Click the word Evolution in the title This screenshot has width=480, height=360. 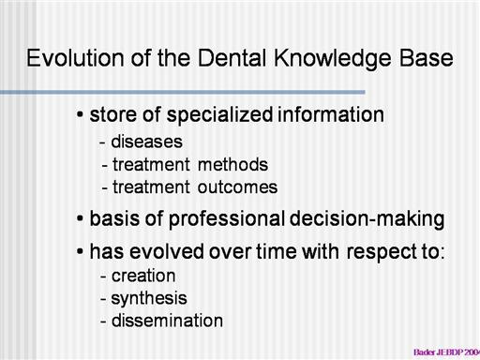[75, 58]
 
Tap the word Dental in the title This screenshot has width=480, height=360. [232, 58]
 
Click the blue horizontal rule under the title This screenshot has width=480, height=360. [183, 92]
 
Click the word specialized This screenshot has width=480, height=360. [220, 115]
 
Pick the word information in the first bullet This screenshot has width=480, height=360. [331, 114]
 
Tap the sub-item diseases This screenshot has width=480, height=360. [146, 142]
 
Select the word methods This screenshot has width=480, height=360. [232, 164]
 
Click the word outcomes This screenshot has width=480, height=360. [237, 187]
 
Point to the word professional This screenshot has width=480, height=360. [227, 219]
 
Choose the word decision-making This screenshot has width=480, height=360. [367, 219]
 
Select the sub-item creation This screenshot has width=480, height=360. [143, 276]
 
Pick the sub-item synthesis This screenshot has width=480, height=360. [149, 299]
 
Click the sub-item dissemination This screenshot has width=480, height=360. [167, 321]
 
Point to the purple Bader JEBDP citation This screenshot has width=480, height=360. [447, 352]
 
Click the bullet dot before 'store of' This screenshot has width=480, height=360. [80, 114]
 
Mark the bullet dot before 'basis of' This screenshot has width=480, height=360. [80, 218]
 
